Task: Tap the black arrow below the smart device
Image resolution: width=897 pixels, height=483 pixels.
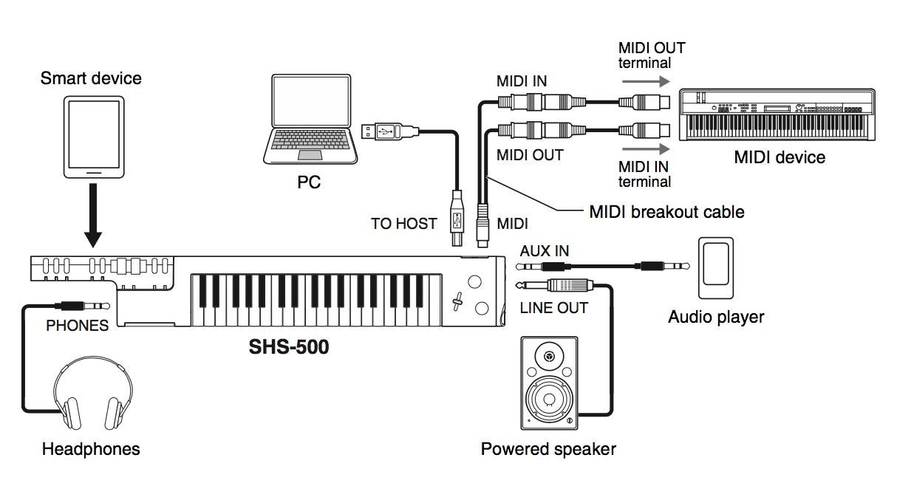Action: coord(93,215)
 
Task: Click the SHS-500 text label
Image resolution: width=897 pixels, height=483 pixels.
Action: coord(289,346)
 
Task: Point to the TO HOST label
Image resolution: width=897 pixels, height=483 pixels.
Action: coord(403,224)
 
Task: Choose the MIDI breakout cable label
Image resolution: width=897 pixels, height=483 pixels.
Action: coord(666,212)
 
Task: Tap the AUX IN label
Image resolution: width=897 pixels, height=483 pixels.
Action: coord(545,250)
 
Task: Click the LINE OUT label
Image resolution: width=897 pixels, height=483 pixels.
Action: coord(553,308)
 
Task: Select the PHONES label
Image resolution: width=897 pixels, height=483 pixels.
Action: coord(77,325)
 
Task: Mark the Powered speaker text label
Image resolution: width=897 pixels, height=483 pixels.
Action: coord(548,448)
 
